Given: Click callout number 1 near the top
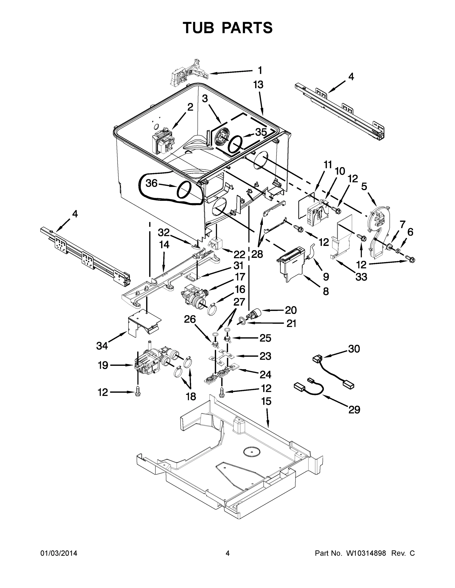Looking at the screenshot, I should point(260,71).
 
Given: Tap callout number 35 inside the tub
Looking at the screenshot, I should point(261,132).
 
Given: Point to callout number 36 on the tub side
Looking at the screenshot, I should point(152,183).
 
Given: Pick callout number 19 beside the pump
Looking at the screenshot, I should point(103,365).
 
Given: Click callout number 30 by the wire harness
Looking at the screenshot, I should point(354,349).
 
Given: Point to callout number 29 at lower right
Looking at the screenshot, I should point(354,410).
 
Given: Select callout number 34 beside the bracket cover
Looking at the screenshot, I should point(102,346).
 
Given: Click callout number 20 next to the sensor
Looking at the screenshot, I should point(291,310).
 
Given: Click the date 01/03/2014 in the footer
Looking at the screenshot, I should point(59,553).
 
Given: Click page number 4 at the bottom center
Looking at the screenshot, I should point(228,553).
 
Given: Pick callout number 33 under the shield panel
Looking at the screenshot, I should point(361,277).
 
